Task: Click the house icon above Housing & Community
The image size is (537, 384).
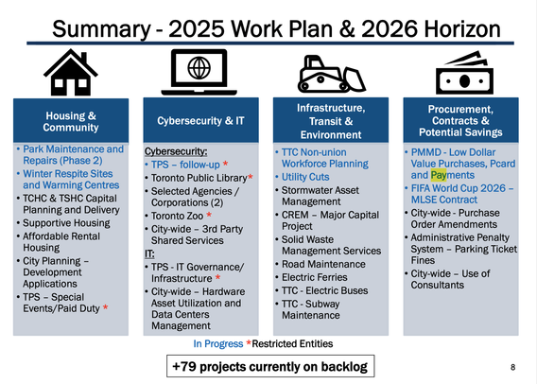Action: (x=71, y=72)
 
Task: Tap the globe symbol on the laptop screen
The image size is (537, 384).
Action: (x=199, y=67)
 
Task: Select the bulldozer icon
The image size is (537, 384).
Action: (x=331, y=74)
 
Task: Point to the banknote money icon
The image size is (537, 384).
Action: (x=464, y=73)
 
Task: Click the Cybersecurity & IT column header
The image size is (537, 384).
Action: (x=200, y=120)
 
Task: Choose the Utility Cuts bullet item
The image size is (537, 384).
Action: (x=305, y=177)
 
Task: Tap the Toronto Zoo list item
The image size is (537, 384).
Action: (x=177, y=216)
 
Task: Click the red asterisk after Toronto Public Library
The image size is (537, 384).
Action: (x=251, y=177)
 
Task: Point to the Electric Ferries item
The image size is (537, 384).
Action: (x=315, y=277)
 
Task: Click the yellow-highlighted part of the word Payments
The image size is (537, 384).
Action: (x=439, y=175)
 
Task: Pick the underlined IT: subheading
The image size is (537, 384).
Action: (x=149, y=253)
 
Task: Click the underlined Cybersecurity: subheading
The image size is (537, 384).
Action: (x=176, y=151)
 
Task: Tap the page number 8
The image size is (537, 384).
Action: (x=512, y=367)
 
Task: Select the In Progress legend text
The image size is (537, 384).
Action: (x=218, y=343)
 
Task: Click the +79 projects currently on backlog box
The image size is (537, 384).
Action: (x=270, y=366)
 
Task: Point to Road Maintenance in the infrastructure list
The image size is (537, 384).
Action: (x=323, y=264)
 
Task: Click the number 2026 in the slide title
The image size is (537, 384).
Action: (x=390, y=28)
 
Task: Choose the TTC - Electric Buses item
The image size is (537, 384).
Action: (x=324, y=290)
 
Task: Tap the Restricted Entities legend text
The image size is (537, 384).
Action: (x=292, y=343)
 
